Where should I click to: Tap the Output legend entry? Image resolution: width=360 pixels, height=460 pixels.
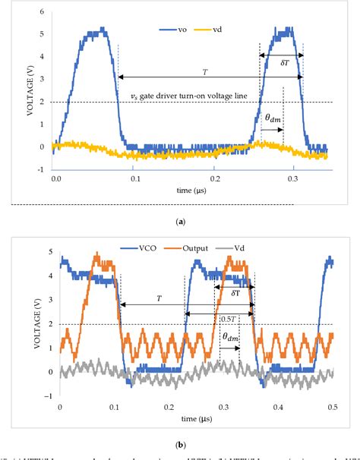(x=199, y=247)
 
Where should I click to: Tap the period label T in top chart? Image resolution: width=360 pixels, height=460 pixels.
(x=204, y=71)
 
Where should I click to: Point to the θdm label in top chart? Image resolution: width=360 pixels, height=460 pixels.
(x=272, y=118)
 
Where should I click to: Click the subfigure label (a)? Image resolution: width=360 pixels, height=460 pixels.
(x=180, y=220)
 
